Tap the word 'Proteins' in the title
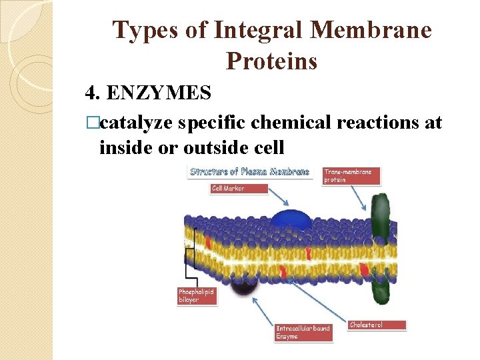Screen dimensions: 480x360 coord(272,61)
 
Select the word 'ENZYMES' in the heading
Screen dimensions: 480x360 coord(159,93)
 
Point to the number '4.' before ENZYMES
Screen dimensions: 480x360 coord(93,93)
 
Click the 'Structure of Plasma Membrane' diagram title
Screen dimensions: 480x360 coord(249,171)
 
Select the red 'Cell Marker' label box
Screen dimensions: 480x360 coord(238,189)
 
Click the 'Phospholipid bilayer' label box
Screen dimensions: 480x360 coord(197,295)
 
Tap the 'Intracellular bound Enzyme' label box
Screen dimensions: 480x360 coord(303,332)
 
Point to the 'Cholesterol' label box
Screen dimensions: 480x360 coord(377,325)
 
